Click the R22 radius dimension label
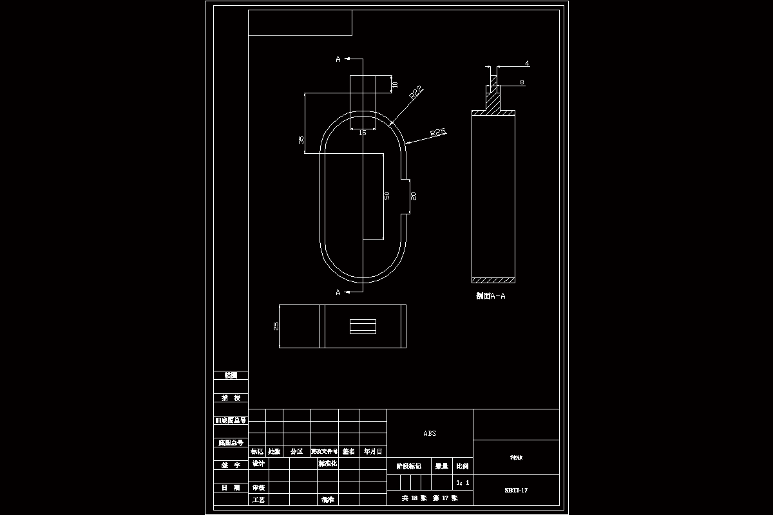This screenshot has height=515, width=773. pos(416,91)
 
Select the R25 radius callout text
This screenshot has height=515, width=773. pos(438,132)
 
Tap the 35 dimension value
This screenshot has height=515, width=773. pos(301,140)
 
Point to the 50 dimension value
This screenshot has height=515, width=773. pos(386,196)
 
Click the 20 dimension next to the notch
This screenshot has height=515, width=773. pos(414,196)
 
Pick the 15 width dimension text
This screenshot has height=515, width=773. pos(362,133)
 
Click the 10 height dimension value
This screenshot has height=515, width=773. pos(396,84)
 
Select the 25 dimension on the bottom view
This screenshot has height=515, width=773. pos(276,326)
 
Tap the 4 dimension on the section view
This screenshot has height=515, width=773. pos(527,64)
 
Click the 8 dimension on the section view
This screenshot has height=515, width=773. pos(522,82)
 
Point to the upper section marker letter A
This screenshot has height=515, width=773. pos(338,59)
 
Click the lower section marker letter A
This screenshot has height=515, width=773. pos(338,292)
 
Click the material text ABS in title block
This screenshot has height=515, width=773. pos(430,433)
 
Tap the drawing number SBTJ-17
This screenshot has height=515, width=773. pos(516,491)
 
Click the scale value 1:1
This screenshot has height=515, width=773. pos(463,482)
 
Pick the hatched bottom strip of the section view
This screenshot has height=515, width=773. pos(494,280)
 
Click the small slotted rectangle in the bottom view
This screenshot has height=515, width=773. pos(363,326)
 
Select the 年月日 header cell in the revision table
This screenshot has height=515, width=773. pos(372,451)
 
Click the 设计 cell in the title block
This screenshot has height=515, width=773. pos(258,464)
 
